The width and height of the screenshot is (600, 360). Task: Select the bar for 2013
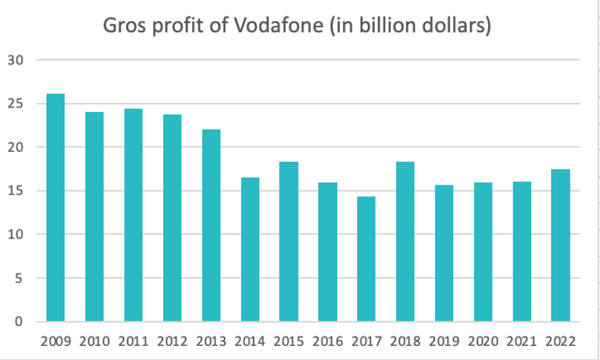pyautogui.click(x=211, y=226)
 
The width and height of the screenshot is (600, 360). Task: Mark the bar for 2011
pyautogui.click(x=133, y=216)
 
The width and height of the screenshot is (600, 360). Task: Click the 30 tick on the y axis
pyautogui.click(x=16, y=60)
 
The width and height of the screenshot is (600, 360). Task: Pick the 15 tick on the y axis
pyautogui.click(x=16, y=191)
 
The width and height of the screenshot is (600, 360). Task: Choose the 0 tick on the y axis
pyautogui.click(x=19, y=322)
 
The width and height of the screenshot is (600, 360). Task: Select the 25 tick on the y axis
pyautogui.click(x=16, y=104)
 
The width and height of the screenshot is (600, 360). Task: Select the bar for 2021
pyautogui.click(x=521, y=252)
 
